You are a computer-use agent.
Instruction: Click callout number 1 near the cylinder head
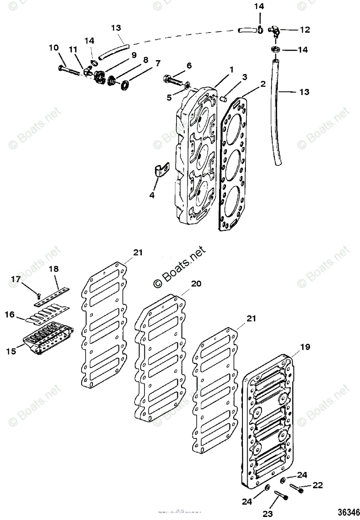[232, 69]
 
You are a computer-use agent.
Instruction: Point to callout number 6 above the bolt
[189, 65]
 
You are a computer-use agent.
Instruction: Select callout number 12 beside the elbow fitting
[305, 30]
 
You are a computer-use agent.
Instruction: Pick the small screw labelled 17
[39, 296]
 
